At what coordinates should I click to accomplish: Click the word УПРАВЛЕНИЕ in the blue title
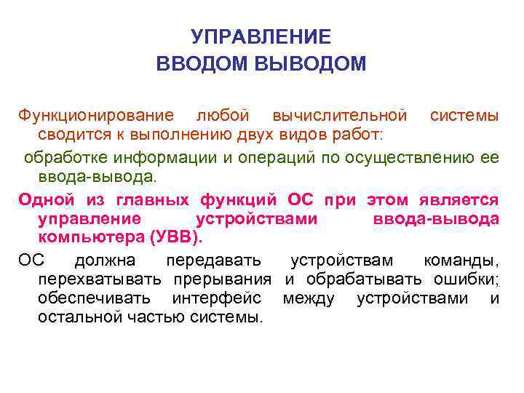point(261,37)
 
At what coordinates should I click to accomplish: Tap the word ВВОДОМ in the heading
point(203,64)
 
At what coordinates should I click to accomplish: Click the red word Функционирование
point(96,116)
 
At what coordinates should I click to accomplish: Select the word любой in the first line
point(223,116)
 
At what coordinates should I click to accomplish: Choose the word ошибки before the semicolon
point(463,279)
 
